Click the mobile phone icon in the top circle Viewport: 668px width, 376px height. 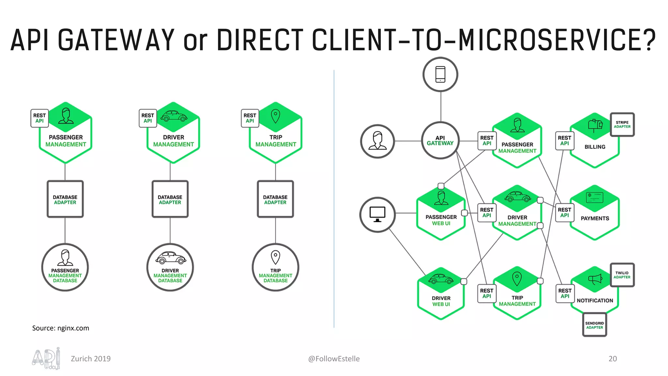(440, 74)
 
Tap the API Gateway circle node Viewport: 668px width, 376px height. (440, 141)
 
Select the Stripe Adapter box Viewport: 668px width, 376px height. (622, 124)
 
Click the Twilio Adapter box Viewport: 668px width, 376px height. (622, 275)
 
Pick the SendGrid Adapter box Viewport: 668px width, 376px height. (594, 325)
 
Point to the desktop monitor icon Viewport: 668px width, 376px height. (377, 214)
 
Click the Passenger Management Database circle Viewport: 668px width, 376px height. (65, 267)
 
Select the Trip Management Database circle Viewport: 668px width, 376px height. (275, 267)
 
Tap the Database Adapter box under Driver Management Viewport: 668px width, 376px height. (170, 199)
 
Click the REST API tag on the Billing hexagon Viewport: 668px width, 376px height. (564, 141)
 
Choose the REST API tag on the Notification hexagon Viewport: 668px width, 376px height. (565, 293)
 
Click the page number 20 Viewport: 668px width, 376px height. (613, 359)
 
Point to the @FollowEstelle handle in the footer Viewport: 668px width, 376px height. (334, 359)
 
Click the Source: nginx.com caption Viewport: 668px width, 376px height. (61, 328)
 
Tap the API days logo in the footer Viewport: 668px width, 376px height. (46, 359)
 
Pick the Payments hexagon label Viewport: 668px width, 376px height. (595, 218)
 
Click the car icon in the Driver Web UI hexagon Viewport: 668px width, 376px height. (441, 279)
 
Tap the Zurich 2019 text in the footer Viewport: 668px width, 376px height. (91, 359)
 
